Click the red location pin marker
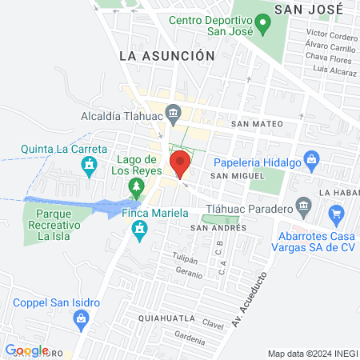tap(181, 164)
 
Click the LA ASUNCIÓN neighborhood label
tap(166, 55)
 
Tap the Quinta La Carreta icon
tap(90, 166)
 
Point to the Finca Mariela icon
tap(140, 230)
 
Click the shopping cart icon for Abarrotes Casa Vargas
tap(336, 214)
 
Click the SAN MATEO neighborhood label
tap(256, 124)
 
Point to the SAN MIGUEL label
tap(236, 174)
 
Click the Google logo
tap(26, 350)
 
